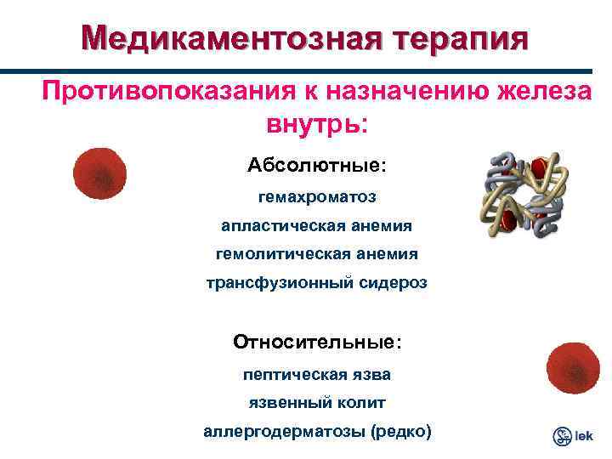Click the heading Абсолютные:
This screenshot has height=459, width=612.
(317, 164)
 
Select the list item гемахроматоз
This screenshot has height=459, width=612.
(317, 196)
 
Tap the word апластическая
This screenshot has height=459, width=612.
(280, 225)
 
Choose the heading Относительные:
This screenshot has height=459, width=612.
(317, 342)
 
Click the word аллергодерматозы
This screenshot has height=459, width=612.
(284, 432)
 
